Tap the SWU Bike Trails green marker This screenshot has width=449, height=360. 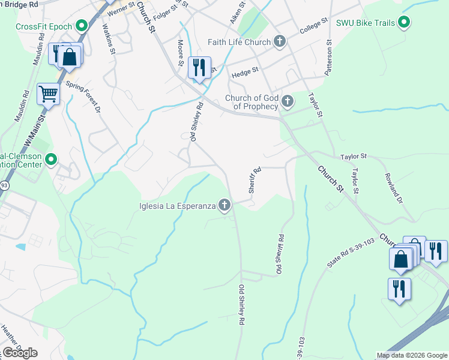(x=405, y=23)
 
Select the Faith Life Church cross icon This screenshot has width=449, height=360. (x=279, y=41)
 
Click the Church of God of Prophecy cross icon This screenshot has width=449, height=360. (x=288, y=101)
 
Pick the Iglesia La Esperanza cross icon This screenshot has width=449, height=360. (x=224, y=206)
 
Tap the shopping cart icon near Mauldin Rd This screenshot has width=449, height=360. (x=48, y=94)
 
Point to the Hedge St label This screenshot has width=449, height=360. (x=244, y=71)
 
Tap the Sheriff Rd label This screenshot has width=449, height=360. (x=255, y=179)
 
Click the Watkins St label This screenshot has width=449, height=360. (x=108, y=38)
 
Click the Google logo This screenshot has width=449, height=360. (x=20, y=353)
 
